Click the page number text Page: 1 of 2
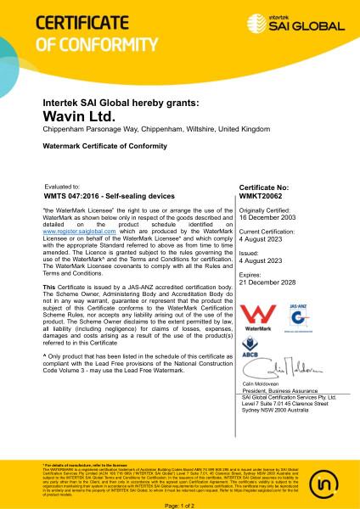pyautogui.click(x=179, y=505)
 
